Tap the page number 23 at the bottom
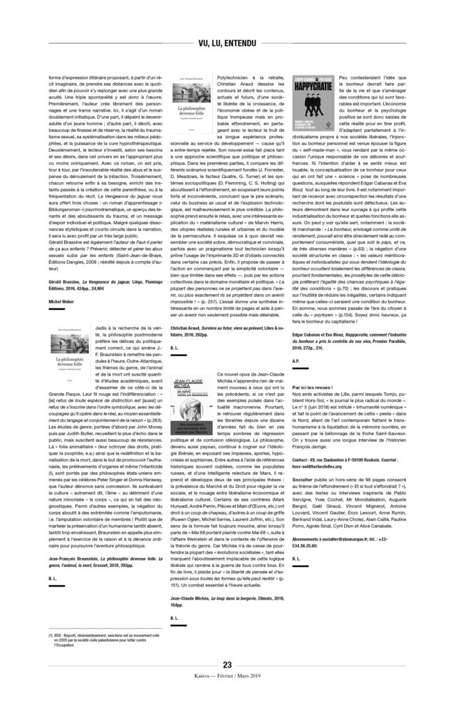pos(227,665)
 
